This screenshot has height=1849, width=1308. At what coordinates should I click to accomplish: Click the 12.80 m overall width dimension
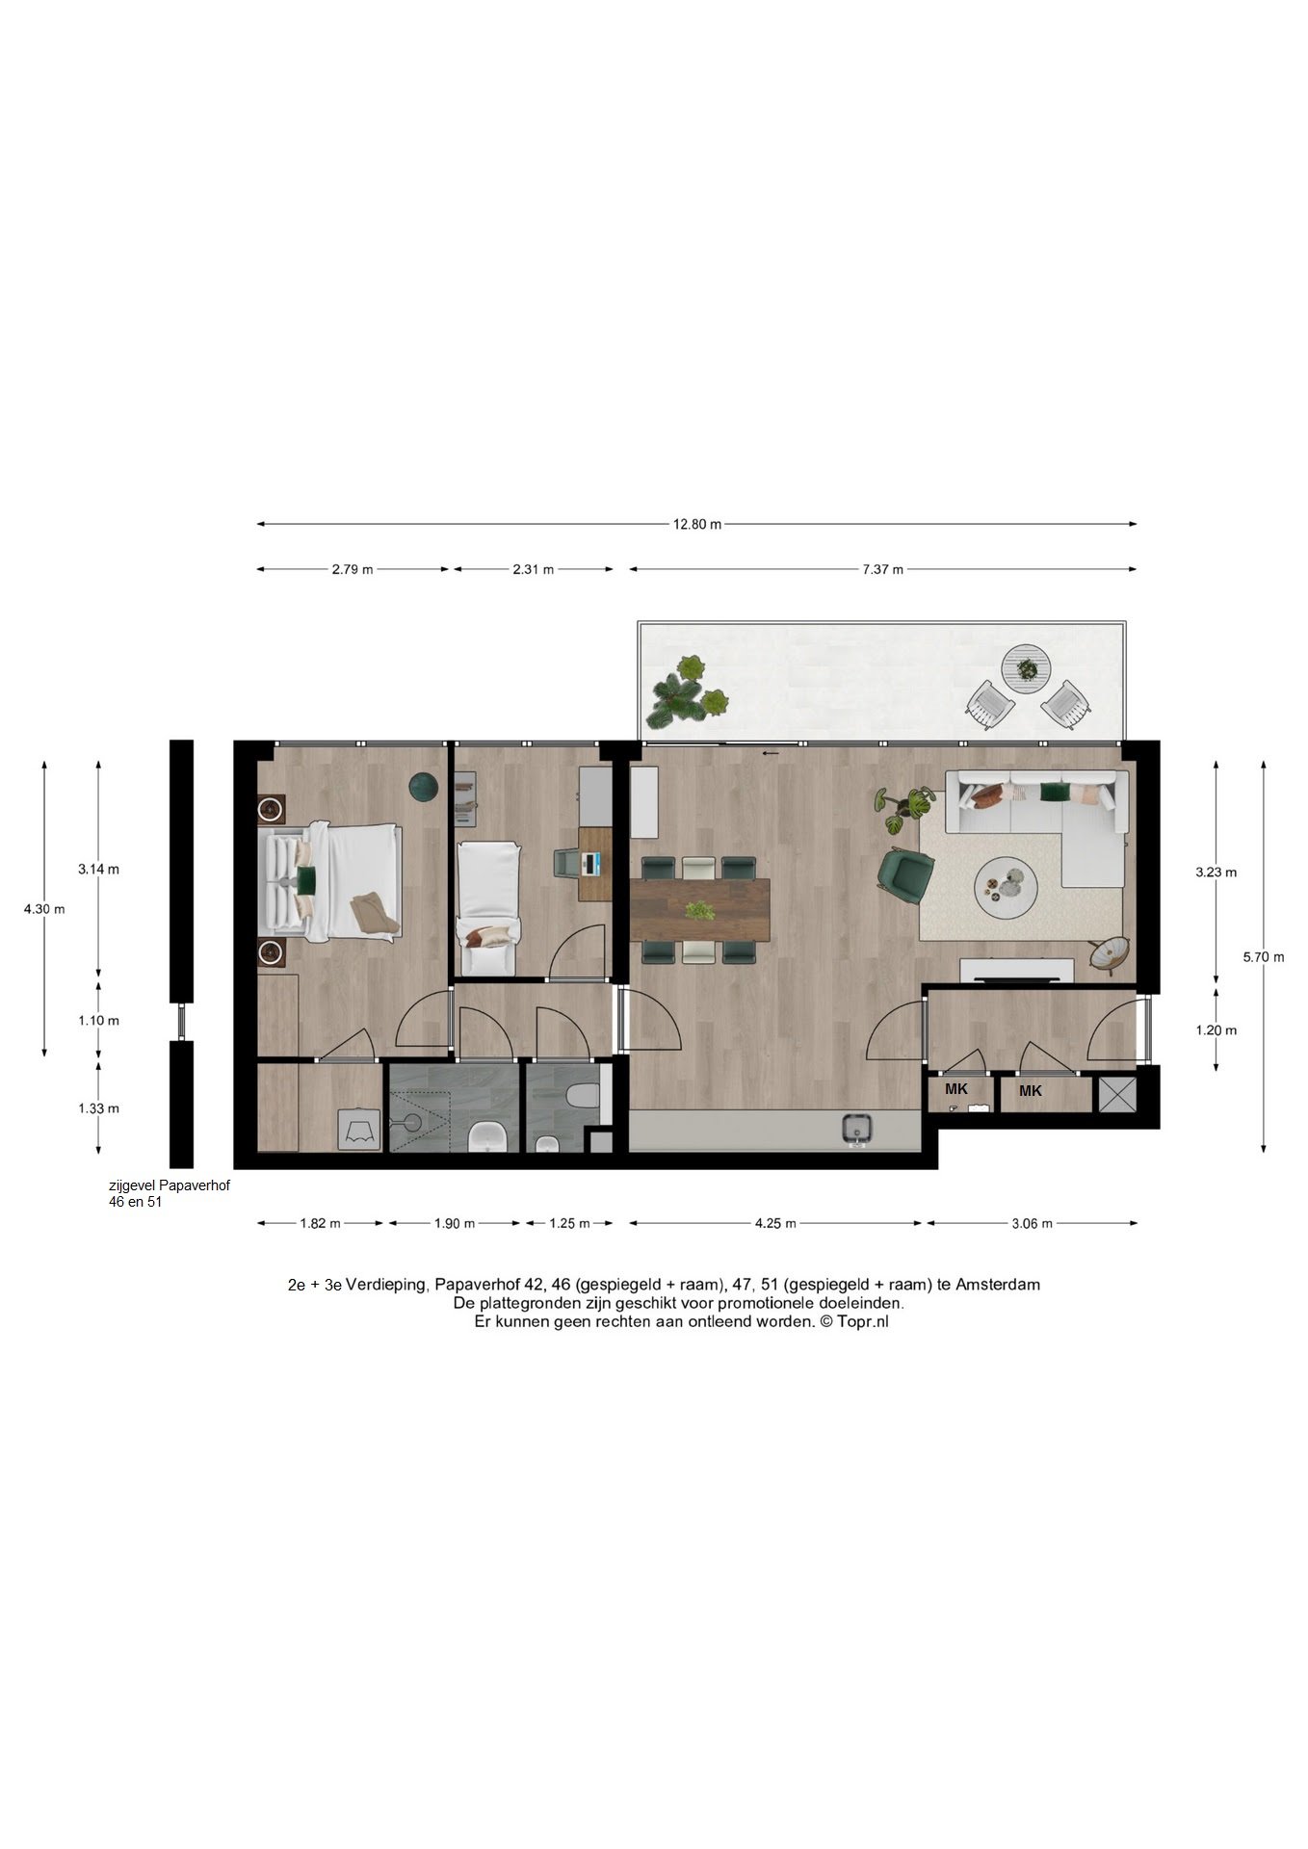696,525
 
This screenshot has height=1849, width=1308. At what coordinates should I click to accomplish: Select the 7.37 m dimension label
882,569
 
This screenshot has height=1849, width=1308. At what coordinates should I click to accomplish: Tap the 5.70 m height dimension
1263,957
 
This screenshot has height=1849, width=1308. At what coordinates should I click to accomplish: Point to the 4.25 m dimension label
775,1224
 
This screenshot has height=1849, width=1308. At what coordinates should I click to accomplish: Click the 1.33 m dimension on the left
98,1108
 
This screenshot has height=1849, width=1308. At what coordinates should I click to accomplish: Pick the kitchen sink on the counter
856,1129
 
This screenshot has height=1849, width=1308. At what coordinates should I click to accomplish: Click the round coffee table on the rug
1005,884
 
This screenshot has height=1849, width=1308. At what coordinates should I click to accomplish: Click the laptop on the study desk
590,863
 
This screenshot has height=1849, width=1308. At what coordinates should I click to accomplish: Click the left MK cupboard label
955,1089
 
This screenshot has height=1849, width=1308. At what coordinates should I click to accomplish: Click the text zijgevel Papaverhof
169,1186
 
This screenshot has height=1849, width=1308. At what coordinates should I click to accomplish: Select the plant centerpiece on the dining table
699,910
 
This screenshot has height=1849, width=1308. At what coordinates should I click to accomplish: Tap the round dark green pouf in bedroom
423,787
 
